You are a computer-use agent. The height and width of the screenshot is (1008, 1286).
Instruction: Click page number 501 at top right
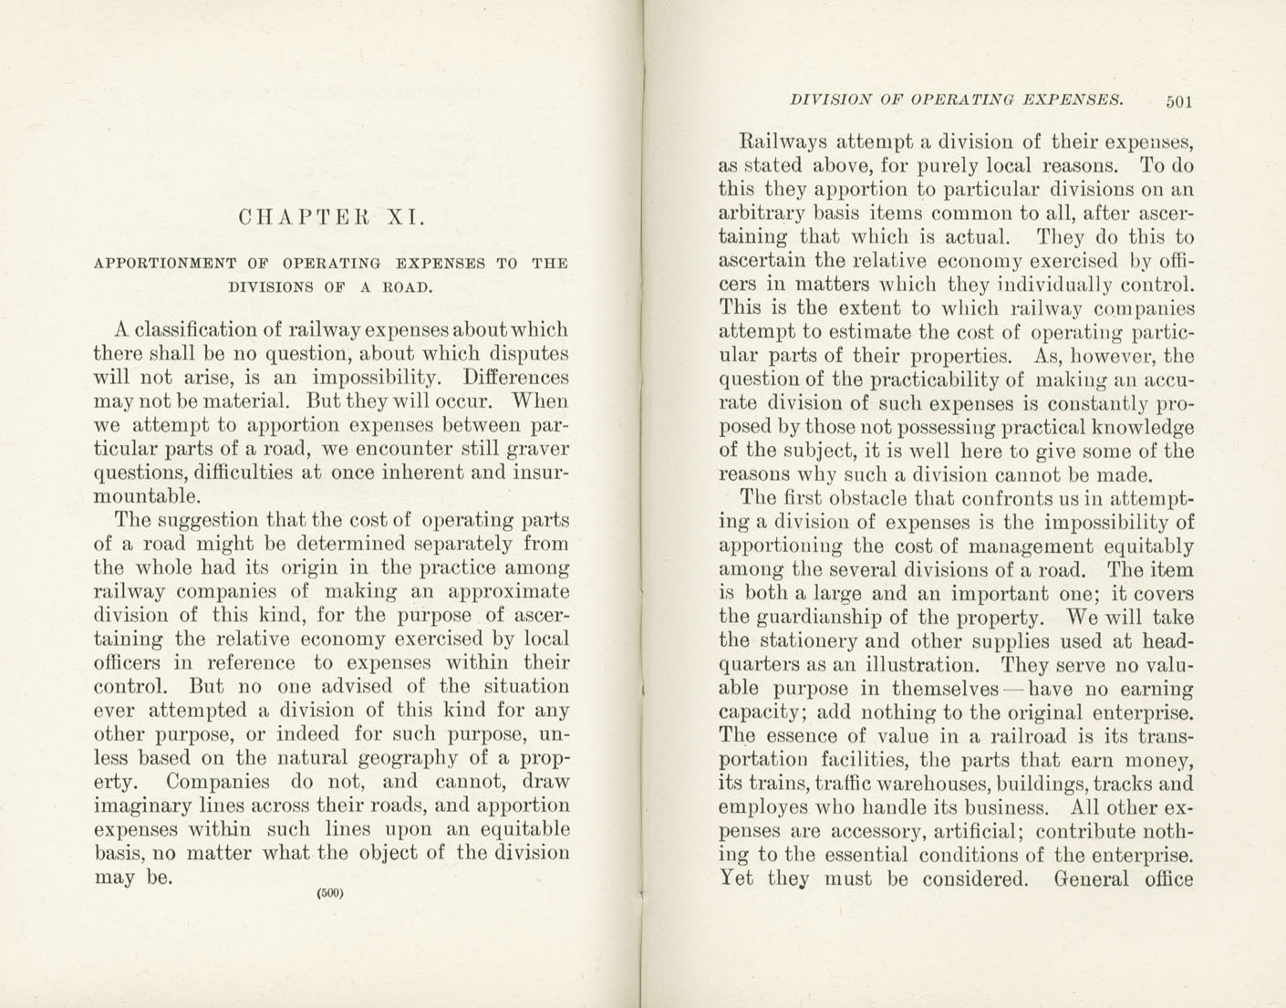[x=1178, y=101]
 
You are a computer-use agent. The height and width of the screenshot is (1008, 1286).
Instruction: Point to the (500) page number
[x=329, y=893]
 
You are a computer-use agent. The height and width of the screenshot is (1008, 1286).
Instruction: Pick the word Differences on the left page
[x=515, y=377]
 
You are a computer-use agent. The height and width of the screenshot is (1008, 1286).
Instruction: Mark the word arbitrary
[x=762, y=213]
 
